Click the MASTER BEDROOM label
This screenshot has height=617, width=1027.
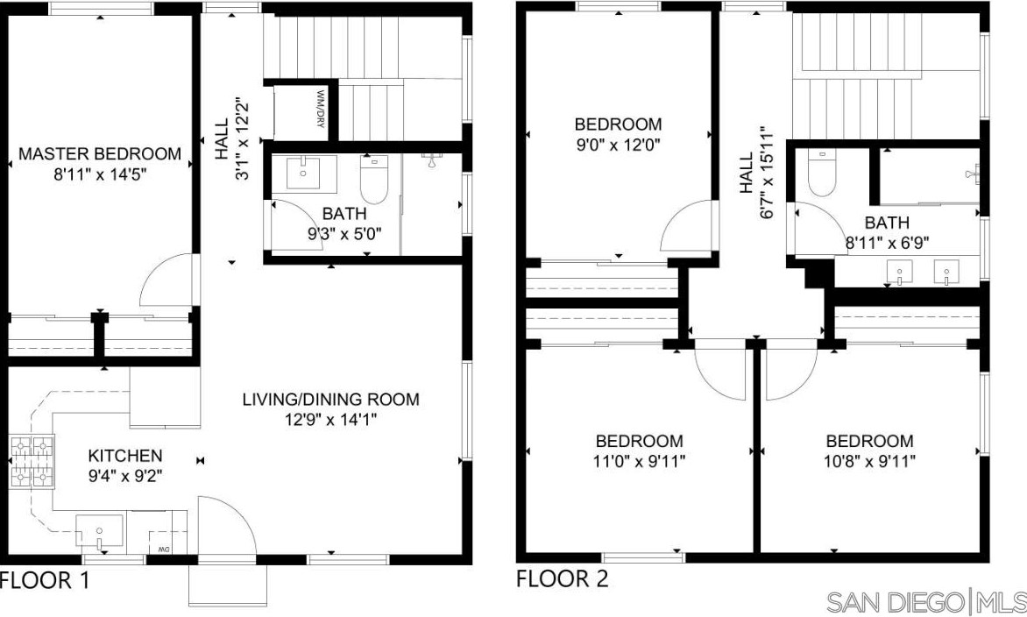[100, 154]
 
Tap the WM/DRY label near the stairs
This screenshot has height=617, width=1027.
[321, 108]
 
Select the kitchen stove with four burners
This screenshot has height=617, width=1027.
[32, 463]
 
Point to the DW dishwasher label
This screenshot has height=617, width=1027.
[163, 549]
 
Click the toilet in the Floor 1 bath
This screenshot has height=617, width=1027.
[374, 178]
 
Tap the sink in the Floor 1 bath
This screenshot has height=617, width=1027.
[304, 175]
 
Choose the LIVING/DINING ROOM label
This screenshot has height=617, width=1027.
[330, 400]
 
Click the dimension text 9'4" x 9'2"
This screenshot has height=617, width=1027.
[125, 475]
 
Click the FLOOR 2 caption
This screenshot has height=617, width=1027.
[563, 579]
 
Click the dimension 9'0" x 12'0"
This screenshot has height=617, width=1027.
[619, 145]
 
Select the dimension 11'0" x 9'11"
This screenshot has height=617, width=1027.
[639, 461]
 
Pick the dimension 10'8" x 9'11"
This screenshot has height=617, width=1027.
[869, 461]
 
